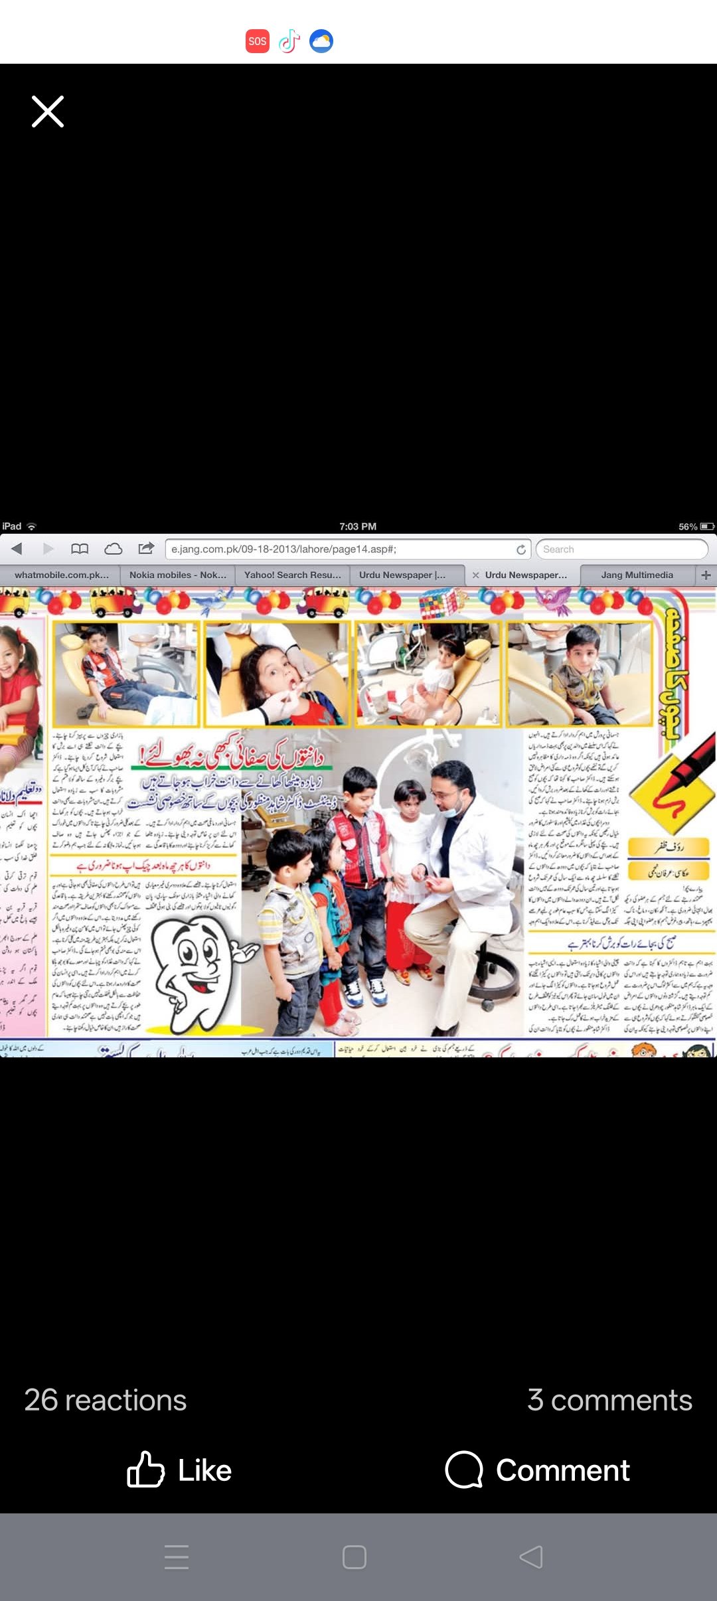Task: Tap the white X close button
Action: [x=48, y=112]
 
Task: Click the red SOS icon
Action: [x=258, y=41]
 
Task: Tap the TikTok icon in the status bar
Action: [x=289, y=41]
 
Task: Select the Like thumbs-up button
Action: [x=146, y=1470]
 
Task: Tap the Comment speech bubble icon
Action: [x=463, y=1470]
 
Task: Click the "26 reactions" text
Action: [x=106, y=1401]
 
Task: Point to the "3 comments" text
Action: [x=609, y=1401]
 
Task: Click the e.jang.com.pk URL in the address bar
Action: [x=283, y=549]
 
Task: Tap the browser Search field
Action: [x=621, y=549]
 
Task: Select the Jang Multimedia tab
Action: [x=637, y=575]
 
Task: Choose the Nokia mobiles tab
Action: [x=177, y=575]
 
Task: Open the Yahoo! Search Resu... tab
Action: [x=292, y=575]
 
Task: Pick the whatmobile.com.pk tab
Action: [x=61, y=575]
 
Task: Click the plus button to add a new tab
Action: [x=706, y=575]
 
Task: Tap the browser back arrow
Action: [x=17, y=548]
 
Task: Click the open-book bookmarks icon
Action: [x=80, y=548]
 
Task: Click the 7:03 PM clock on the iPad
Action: [x=358, y=526]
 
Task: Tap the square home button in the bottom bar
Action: [x=355, y=1557]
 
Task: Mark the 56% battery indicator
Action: [x=696, y=526]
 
